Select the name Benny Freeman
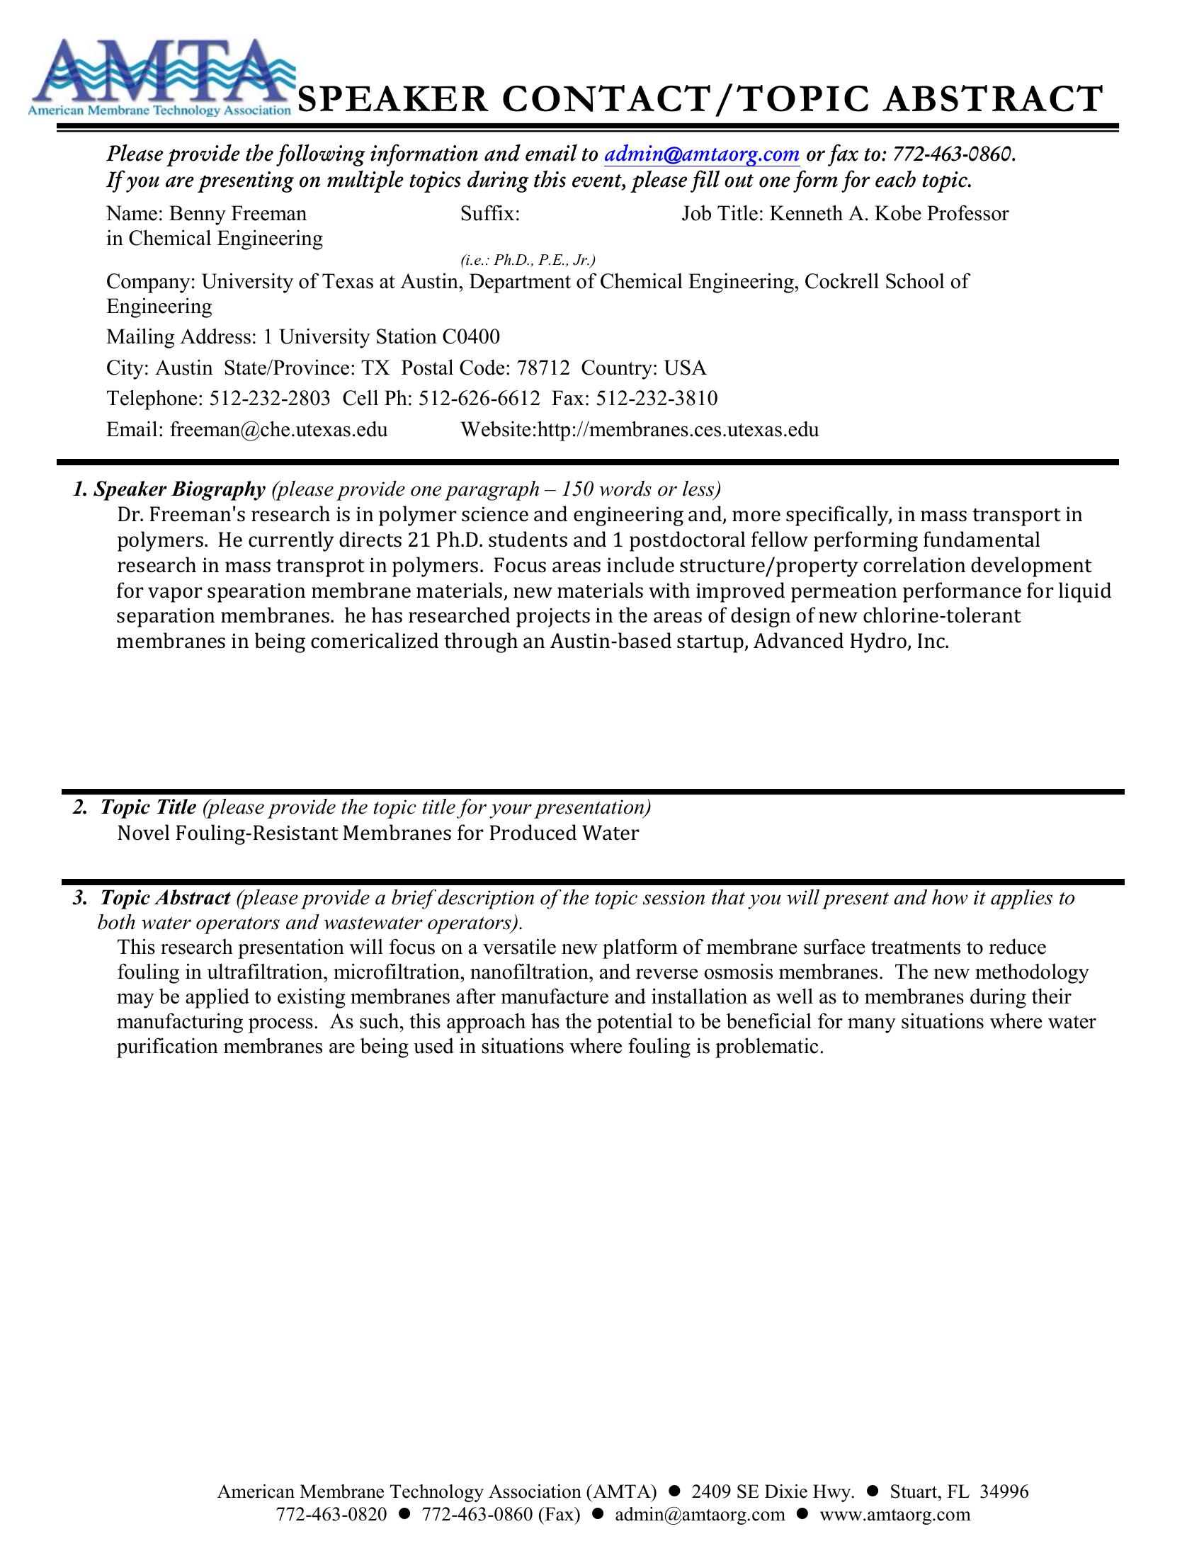[x=237, y=214]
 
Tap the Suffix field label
[x=490, y=214]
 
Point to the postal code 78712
[x=543, y=368]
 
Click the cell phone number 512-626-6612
[x=479, y=398]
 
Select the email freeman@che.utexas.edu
[x=278, y=429]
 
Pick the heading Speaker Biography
[x=179, y=489]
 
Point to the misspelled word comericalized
[x=375, y=642]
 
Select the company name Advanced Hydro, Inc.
[x=851, y=642]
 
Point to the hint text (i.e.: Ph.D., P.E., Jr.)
[x=528, y=260]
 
